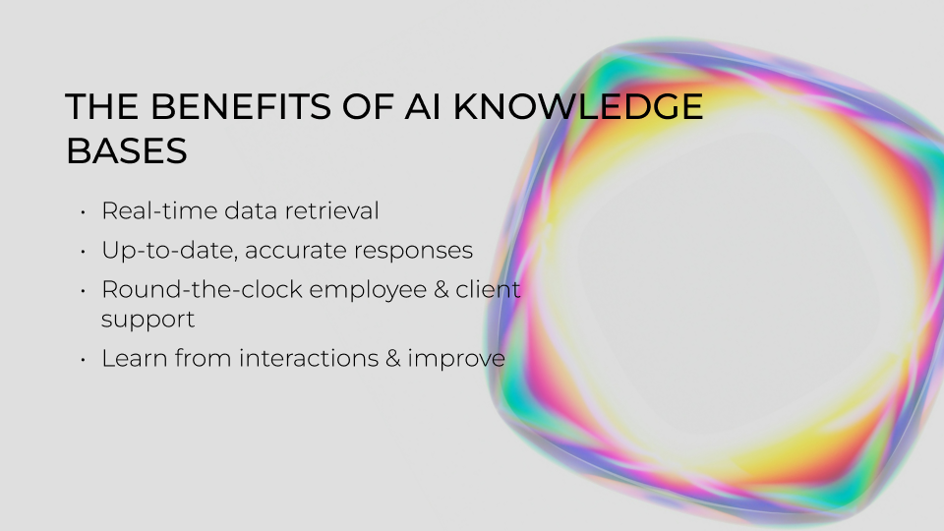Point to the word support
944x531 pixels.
click(x=147, y=321)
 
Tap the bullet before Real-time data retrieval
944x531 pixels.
click(x=84, y=211)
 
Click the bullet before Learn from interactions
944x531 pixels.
click(x=84, y=360)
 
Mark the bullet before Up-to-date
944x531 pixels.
click(x=84, y=252)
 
